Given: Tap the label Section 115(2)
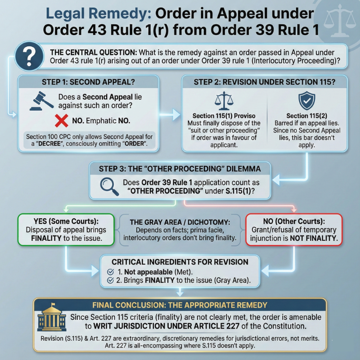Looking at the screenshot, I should (x=306, y=116).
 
